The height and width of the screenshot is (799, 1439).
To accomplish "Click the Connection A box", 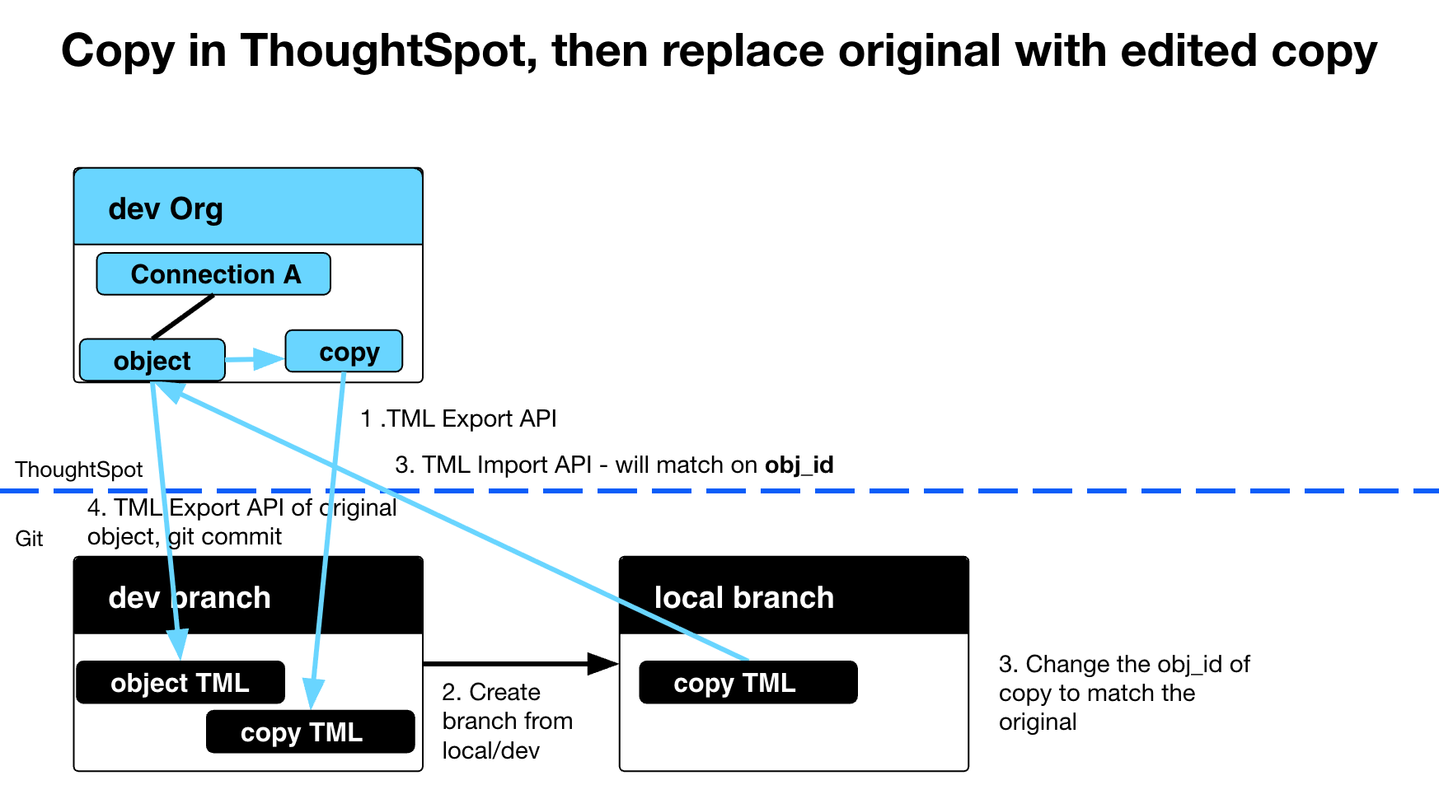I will (213, 274).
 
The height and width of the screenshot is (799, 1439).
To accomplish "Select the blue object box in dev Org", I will (152, 361).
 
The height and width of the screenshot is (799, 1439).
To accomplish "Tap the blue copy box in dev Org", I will (345, 352).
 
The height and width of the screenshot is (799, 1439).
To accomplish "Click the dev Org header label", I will (166, 208).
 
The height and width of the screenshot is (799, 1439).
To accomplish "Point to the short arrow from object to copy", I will (254, 359).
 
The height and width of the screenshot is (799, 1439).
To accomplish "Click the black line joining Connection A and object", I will (183, 316).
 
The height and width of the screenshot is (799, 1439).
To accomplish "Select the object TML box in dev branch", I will (180, 683).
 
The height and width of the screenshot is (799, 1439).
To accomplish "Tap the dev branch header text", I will (190, 597).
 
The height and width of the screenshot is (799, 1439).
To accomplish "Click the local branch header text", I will (743, 597).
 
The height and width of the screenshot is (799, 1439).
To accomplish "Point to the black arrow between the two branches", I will (519, 663).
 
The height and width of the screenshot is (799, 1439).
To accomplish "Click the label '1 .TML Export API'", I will (458, 418).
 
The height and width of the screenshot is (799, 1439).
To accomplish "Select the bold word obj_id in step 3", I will (799, 465).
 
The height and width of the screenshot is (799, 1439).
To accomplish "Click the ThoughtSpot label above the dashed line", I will (78, 470).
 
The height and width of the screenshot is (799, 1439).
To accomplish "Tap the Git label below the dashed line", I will (29, 539).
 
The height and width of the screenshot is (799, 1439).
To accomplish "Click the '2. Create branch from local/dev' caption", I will (506, 721).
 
